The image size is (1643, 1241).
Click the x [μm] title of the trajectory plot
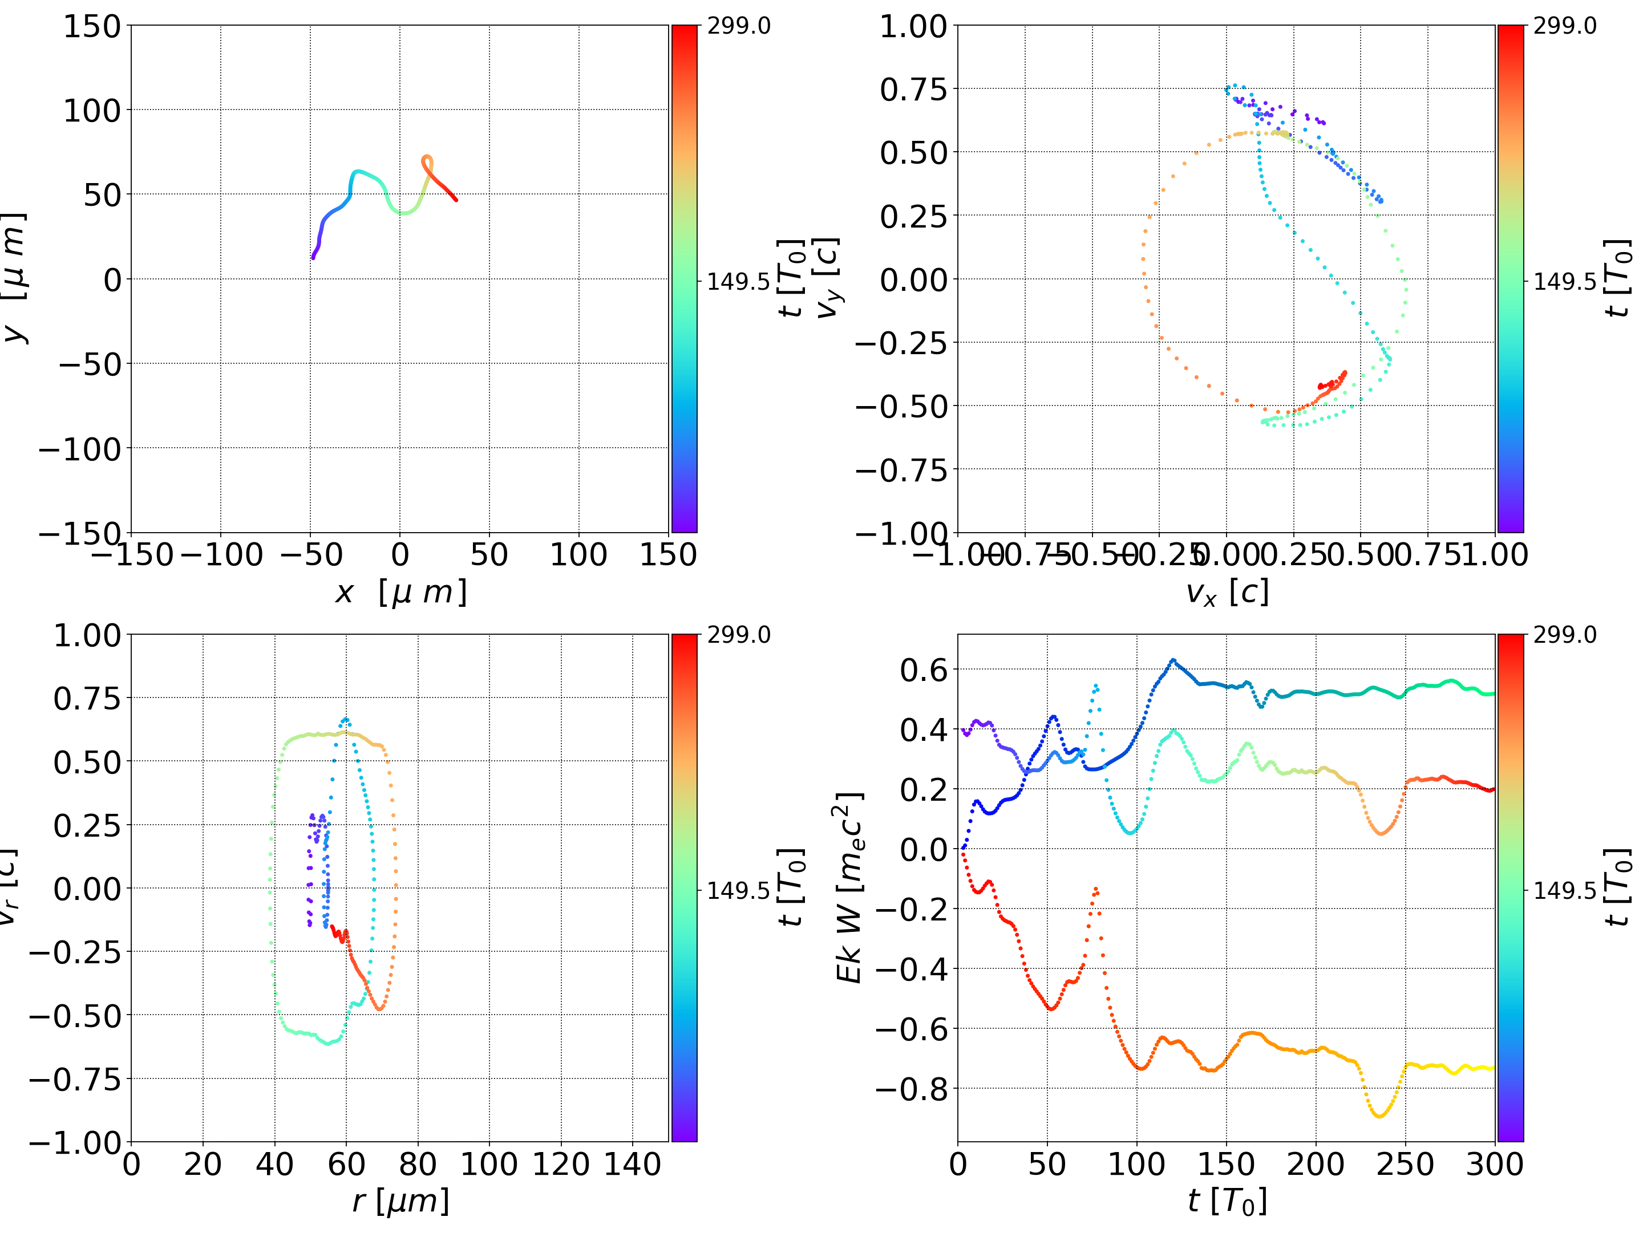click(400, 593)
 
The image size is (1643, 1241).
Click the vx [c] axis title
click(1227, 593)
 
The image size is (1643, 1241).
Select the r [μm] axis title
click(400, 1201)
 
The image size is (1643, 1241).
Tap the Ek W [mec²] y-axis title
click(849, 887)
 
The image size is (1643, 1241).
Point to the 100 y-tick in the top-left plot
click(91, 111)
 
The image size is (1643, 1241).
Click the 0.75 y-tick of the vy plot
click(914, 89)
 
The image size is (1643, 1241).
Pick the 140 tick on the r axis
click(632, 1164)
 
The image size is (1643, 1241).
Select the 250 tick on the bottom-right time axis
click(1405, 1164)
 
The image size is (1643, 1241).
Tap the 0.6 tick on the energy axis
click(924, 670)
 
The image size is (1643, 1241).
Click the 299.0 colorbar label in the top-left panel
click(738, 26)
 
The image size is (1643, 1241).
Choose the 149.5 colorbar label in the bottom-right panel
click(1564, 890)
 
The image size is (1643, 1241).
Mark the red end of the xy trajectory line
click(455, 199)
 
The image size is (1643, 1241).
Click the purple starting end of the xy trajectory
click(313, 257)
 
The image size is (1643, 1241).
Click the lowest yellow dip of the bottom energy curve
click(1379, 1116)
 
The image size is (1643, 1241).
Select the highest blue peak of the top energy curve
click(1173, 659)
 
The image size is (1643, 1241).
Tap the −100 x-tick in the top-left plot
click(221, 555)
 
